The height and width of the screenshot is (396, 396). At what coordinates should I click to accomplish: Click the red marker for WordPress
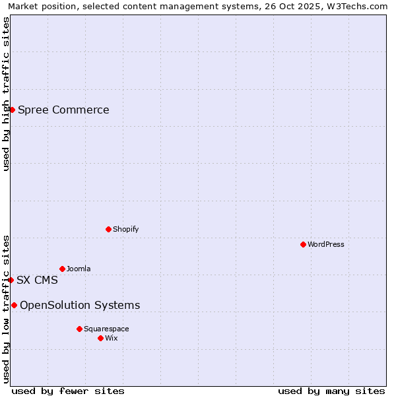pyautogui.click(x=303, y=244)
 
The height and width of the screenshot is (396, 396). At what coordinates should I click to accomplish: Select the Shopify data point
pyautogui.click(x=108, y=229)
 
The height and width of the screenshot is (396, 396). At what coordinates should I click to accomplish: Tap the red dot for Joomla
pyautogui.click(x=62, y=269)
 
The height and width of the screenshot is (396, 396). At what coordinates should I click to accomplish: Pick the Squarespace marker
pyautogui.click(x=79, y=329)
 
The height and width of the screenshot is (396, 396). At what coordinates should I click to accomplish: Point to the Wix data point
pyautogui.click(x=100, y=338)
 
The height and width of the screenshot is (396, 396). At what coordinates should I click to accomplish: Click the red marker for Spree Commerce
pyautogui.click(x=12, y=110)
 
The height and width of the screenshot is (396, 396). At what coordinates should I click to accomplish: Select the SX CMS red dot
pyautogui.click(x=11, y=280)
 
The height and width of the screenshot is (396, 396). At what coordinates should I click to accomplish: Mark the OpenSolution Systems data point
pyautogui.click(x=14, y=305)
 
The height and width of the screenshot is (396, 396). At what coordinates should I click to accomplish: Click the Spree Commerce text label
pyautogui.click(x=63, y=110)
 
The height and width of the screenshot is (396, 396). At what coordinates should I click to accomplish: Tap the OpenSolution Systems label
pyautogui.click(x=80, y=305)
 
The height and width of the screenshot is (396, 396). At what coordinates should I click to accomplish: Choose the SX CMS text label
pyautogui.click(x=37, y=280)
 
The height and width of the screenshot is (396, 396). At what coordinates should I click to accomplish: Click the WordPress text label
pyautogui.click(x=326, y=244)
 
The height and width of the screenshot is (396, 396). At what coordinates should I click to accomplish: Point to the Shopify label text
pyautogui.click(x=125, y=229)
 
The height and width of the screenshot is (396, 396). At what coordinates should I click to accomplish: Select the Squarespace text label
pyautogui.click(x=106, y=329)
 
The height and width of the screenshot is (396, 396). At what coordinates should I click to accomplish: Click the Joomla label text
pyautogui.click(x=79, y=269)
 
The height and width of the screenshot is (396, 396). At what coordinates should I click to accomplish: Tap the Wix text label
pyautogui.click(x=111, y=338)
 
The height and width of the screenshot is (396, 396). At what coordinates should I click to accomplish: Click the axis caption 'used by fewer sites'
pyautogui.click(x=68, y=391)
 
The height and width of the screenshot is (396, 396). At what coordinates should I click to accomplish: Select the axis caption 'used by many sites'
pyautogui.click(x=331, y=391)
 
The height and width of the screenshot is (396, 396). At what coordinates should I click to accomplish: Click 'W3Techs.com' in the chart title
pyautogui.click(x=356, y=7)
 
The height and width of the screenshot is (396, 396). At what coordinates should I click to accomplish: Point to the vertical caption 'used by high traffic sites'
pyautogui.click(x=6, y=94)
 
